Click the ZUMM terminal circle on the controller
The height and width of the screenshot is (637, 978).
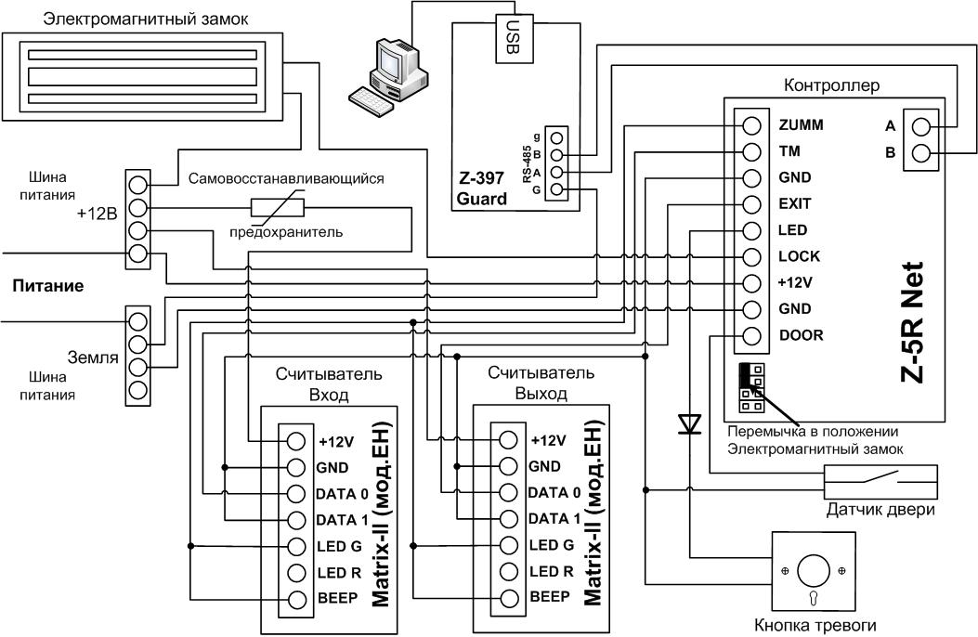(x=752, y=125)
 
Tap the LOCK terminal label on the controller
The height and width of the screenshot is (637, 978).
(x=799, y=256)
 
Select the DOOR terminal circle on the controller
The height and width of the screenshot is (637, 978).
(x=752, y=336)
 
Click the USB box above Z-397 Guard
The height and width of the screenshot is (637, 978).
(x=515, y=38)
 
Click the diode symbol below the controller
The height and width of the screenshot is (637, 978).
(x=690, y=423)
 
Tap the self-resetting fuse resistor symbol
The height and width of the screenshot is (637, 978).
(x=277, y=208)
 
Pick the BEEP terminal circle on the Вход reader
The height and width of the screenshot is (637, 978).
(x=296, y=599)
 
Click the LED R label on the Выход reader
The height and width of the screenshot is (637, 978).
(x=552, y=572)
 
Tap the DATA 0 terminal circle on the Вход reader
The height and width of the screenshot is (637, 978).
(x=296, y=494)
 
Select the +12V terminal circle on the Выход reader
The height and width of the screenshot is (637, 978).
(x=508, y=440)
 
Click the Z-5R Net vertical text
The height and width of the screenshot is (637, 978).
(x=912, y=321)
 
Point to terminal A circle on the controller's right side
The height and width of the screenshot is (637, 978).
(x=920, y=126)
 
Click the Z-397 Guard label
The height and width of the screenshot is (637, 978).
(x=482, y=188)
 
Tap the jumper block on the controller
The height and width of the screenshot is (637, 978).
(x=751, y=388)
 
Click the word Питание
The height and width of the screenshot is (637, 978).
(x=48, y=286)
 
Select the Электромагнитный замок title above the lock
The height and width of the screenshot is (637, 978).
(x=145, y=19)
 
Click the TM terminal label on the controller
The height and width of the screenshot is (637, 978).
(x=789, y=151)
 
